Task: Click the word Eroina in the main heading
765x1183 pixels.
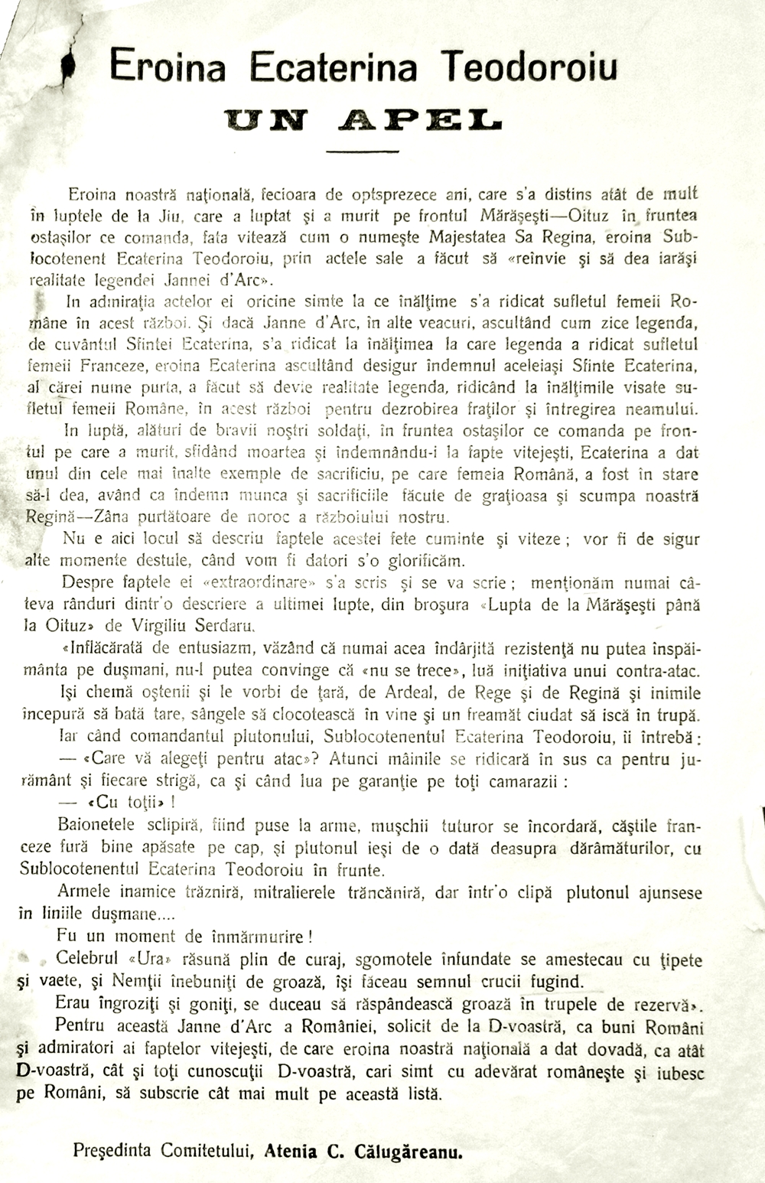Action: pyautogui.click(x=168, y=67)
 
